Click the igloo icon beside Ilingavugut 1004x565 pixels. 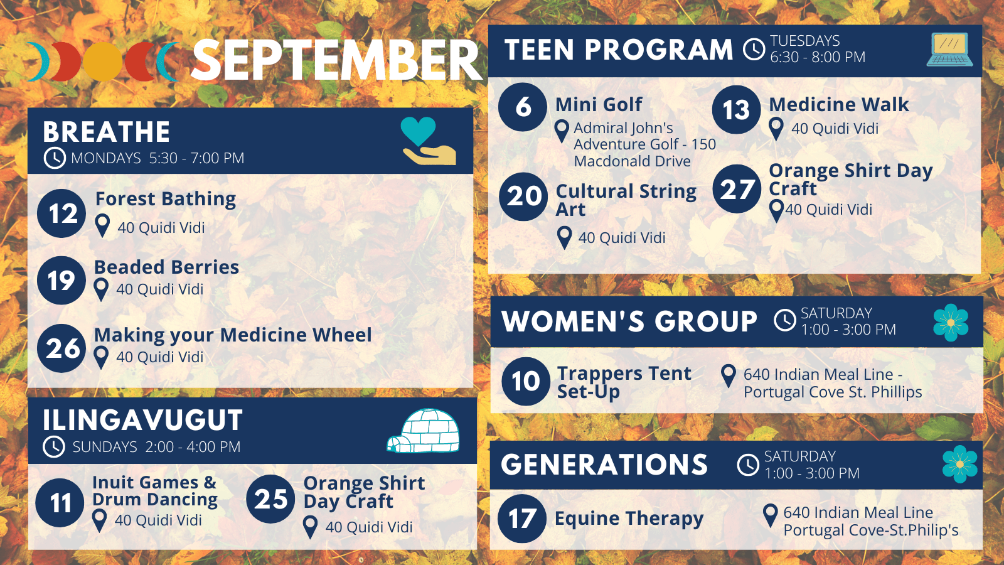tap(424, 431)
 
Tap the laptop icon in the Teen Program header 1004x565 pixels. tap(949, 50)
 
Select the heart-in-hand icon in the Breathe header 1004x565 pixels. tap(429, 141)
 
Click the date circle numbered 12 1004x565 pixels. tap(61, 213)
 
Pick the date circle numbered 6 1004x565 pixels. tap(523, 107)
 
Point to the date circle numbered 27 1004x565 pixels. tap(737, 189)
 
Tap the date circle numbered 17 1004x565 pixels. tap(521, 519)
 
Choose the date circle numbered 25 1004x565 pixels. tap(270, 499)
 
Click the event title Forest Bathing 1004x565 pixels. tap(166, 199)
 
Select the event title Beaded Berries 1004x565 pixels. tap(166, 267)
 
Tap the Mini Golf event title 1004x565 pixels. tap(599, 104)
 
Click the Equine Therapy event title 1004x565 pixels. tap(629, 519)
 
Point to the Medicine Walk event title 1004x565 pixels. tap(838, 104)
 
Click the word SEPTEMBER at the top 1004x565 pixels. tap(337, 60)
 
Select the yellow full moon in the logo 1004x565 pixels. tap(103, 62)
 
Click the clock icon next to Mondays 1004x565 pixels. tap(55, 158)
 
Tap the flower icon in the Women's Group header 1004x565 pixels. tap(951, 323)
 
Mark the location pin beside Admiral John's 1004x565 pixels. tap(562, 131)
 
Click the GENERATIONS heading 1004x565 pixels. tap(604, 465)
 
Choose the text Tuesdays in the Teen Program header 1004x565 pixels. tap(804, 41)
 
